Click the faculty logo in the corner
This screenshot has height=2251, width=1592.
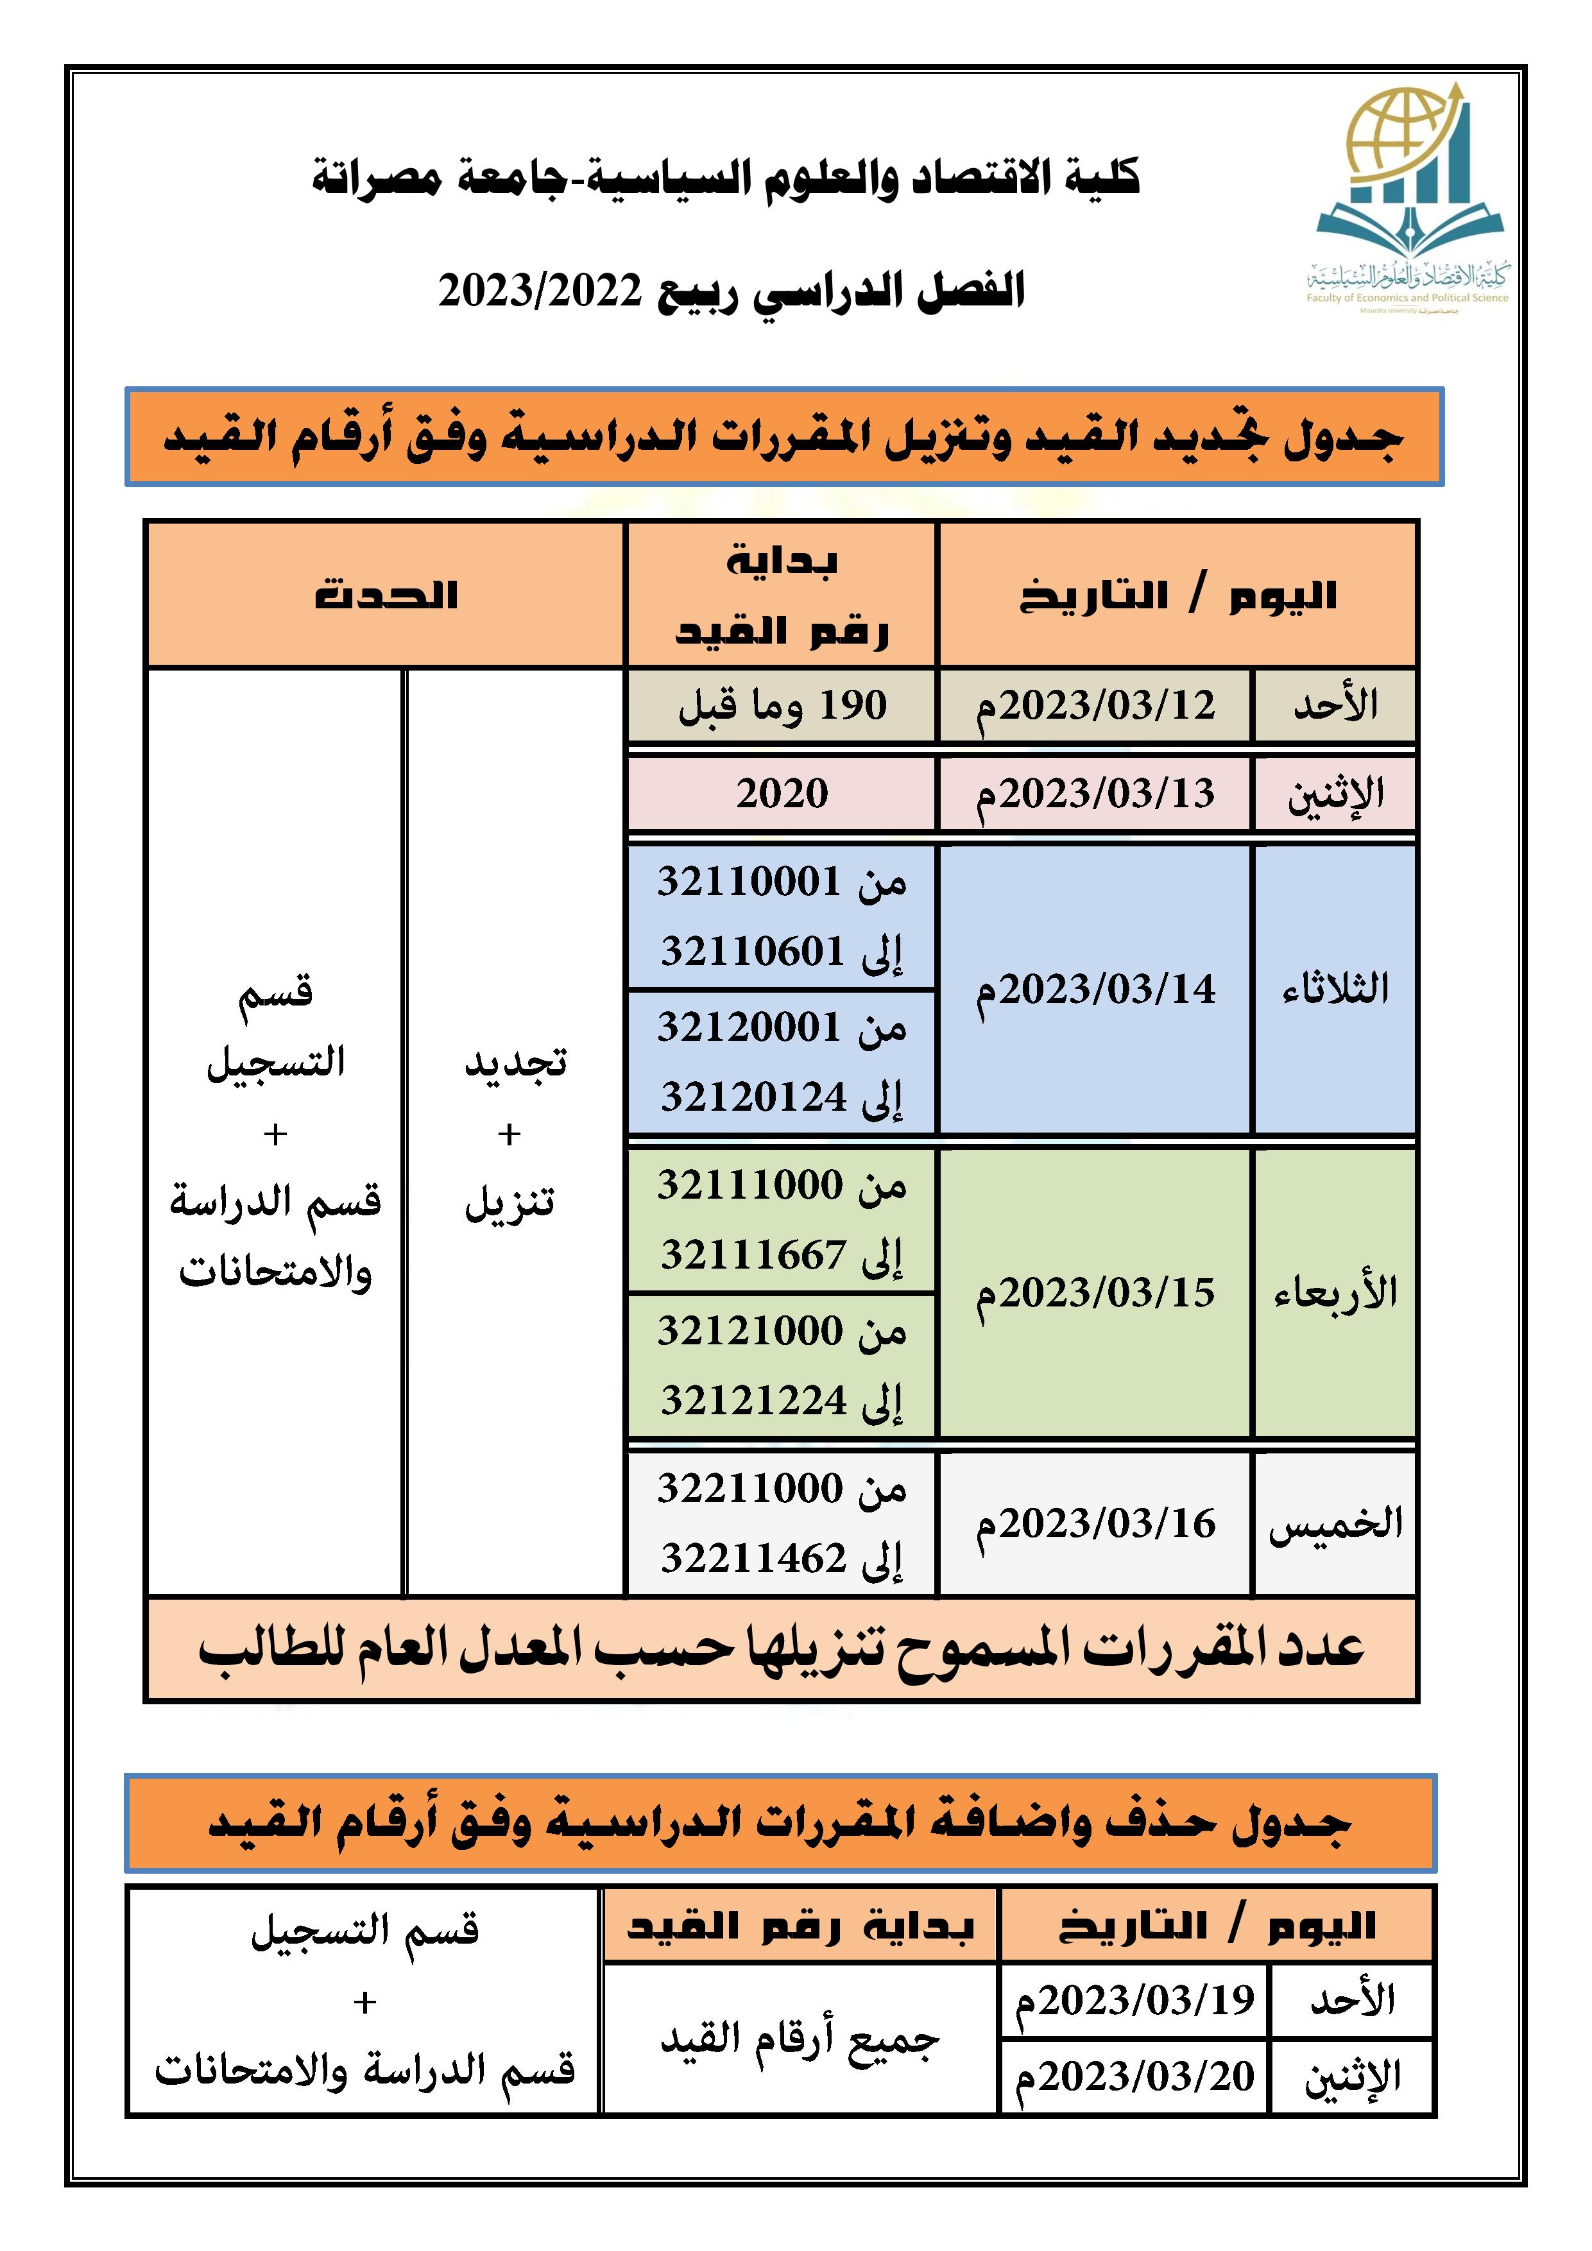[1408, 196]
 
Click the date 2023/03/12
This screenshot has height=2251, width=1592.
[1094, 706]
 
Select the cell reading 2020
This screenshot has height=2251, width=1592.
[782, 793]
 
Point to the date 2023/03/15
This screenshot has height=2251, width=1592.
[1094, 1292]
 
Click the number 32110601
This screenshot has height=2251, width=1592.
[752, 951]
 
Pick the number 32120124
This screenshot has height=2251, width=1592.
[753, 1096]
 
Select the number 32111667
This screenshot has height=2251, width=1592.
[752, 1255]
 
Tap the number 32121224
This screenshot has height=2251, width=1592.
[753, 1400]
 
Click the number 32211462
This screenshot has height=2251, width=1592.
[752, 1558]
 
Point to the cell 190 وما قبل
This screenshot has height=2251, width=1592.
[782, 706]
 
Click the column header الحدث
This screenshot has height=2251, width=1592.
[385, 595]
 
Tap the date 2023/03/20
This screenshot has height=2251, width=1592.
[1134, 2076]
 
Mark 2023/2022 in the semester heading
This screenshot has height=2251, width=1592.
[539, 291]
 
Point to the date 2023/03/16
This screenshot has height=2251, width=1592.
[1094, 1523]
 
